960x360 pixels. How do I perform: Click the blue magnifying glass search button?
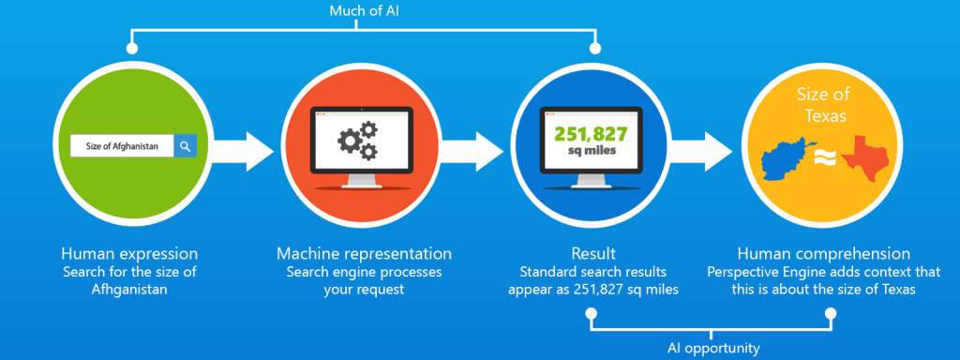point(186,146)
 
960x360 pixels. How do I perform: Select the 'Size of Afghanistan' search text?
point(122,146)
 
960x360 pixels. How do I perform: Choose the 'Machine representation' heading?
point(364,254)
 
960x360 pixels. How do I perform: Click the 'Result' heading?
point(592,254)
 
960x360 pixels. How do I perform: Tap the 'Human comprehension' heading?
point(823,254)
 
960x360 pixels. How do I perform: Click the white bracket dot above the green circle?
point(131,47)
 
